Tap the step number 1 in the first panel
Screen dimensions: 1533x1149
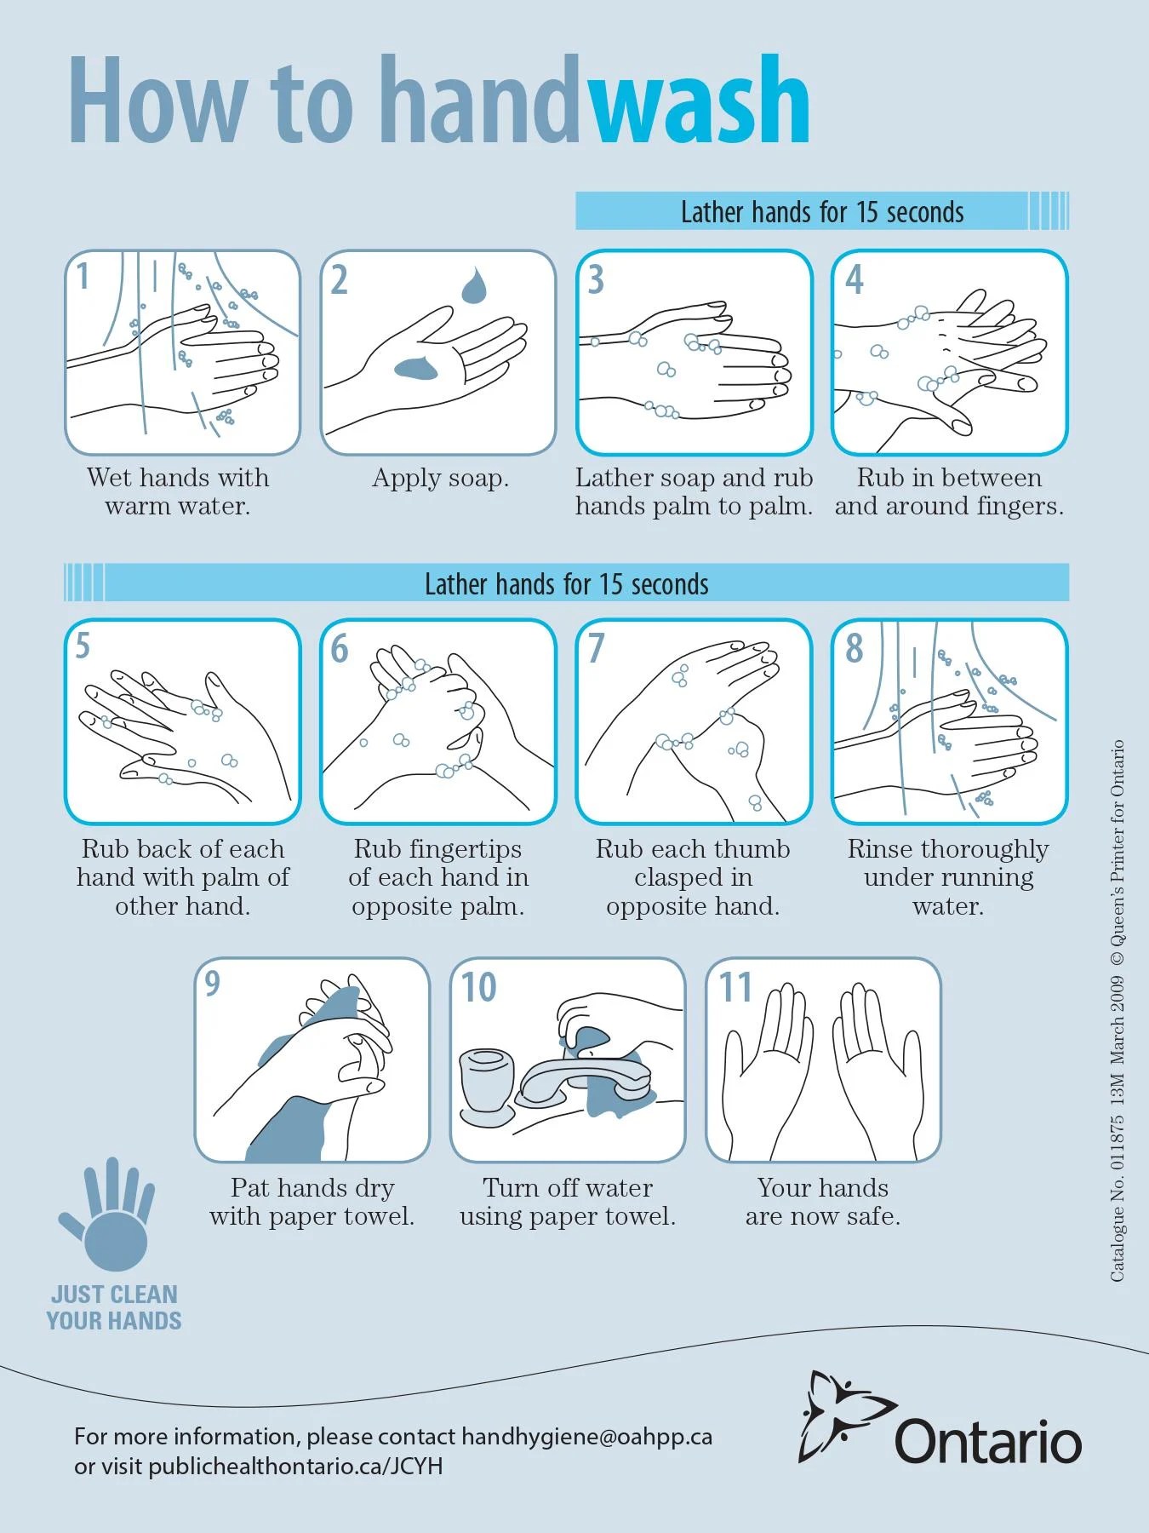pyautogui.click(x=83, y=277)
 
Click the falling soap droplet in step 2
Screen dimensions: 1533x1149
pyautogui.click(x=473, y=286)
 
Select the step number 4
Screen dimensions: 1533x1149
pyautogui.click(x=855, y=279)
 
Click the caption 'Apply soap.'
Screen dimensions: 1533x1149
pyautogui.click(x=440, y=478)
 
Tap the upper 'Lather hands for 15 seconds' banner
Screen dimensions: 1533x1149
pyautogui.click(x=821, y=211)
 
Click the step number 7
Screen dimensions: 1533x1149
pyautogui.click(x=596, y=648)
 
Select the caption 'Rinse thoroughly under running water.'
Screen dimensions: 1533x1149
pyautogui.click(x=948, y=876)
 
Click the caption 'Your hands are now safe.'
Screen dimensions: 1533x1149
pyautogui.click(x=822, y=1201)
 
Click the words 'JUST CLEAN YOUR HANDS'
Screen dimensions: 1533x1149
pyautogui.click(x=114, y=1307)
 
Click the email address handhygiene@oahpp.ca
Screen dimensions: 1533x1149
pyautogui.click(x=586, y=1437)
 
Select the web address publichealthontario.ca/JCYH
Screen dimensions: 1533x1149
pyautogui.click(x=295, y=1467)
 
